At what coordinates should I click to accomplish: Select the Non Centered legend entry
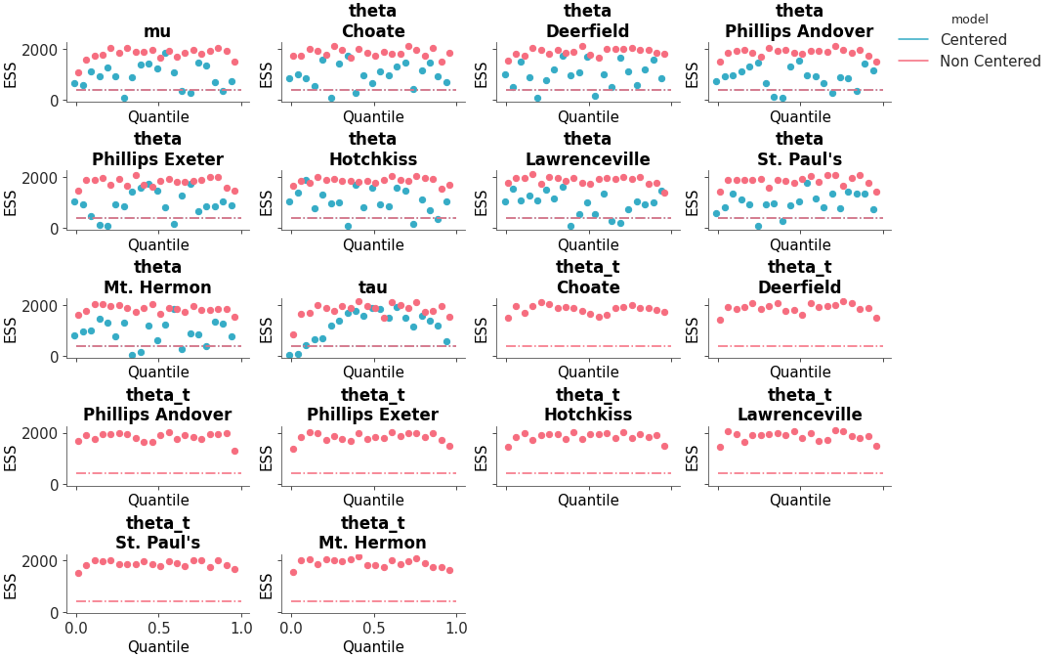[x=990, y=62]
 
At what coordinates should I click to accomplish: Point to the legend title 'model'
[x=969, y=19]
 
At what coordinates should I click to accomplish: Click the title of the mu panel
[x=157, y=31]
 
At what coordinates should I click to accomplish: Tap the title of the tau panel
[x=372, y=287]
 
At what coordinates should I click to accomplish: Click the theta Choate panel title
[x=372, y=22]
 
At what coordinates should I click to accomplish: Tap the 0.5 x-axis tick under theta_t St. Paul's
[x=157, y=628]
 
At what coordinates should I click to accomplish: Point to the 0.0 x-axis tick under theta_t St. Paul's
[x=75, y=628]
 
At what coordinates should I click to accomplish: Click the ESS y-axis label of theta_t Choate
[x=481, y=329]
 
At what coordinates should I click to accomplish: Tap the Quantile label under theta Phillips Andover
[x=800, y=117]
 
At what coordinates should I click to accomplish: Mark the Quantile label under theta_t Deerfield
[x=800, y=372]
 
